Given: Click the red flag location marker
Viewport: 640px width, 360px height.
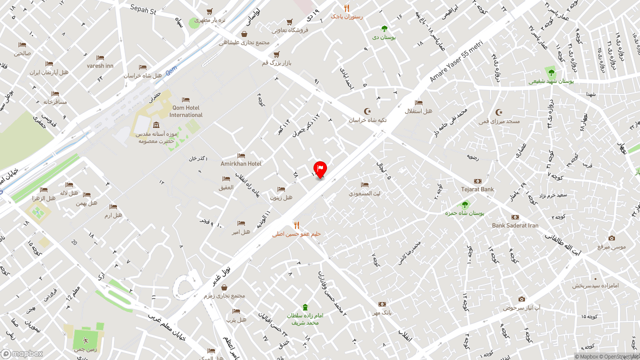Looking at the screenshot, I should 320,168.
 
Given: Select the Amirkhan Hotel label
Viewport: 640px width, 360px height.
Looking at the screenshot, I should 241,163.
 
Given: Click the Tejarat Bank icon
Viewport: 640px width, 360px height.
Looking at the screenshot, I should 478,181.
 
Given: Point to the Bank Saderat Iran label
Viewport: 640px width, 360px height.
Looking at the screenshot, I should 515,225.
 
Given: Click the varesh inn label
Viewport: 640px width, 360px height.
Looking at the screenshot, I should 100,65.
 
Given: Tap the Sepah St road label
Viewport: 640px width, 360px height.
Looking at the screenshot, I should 143,9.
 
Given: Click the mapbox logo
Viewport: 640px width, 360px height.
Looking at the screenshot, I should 22,353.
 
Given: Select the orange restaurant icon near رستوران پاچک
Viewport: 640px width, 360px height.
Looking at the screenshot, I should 346,8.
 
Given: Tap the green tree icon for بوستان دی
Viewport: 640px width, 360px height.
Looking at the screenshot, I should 384,28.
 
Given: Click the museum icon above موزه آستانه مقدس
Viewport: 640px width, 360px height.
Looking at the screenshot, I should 156,125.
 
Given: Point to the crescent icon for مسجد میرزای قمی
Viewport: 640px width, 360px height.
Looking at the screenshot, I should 498,112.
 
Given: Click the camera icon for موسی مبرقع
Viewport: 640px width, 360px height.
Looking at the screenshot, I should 611,238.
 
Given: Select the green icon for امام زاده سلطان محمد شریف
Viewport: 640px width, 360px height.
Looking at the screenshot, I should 305,307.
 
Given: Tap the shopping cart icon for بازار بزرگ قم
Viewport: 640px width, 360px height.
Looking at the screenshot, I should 276,54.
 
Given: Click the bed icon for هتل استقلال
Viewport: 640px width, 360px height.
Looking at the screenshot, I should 418,102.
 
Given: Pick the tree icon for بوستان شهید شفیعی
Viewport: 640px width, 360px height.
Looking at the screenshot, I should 551,72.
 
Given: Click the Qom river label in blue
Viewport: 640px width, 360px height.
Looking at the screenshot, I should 171,72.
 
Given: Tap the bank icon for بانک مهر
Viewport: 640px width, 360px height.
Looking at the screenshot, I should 382,304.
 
